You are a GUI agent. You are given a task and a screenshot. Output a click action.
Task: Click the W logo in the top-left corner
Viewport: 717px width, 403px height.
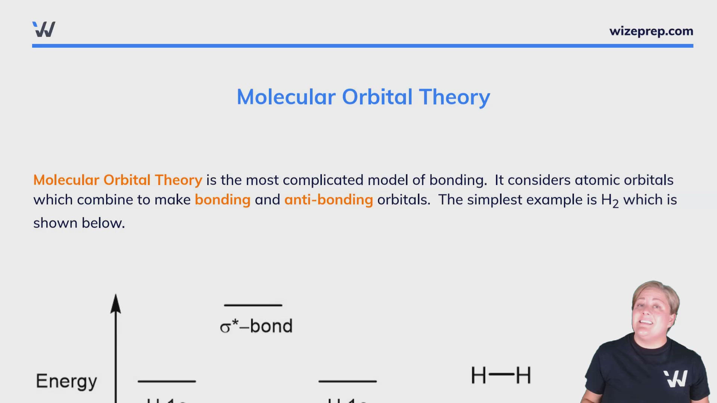click(x=44, y=29)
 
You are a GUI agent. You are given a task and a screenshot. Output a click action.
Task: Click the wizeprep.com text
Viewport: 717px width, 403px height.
click(x=651, y=31)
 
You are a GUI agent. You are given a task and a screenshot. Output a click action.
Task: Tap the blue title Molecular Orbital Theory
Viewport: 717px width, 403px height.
click(x=363, y=97)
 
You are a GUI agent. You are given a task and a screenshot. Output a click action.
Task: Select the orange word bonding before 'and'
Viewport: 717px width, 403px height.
click(x=223, y=200)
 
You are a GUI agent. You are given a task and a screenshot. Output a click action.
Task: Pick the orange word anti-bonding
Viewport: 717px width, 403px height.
click(x=329, y=200)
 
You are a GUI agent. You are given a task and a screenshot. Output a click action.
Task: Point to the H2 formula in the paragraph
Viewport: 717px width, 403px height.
click(x=610, y=201)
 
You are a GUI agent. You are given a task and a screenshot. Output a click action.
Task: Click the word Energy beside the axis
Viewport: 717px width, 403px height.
click(x=66, y=381)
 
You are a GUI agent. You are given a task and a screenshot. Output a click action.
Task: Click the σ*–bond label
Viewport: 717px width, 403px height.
click(x=256, y=326)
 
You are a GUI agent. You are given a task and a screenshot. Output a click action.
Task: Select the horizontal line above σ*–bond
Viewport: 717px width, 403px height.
click(x=253, y=305)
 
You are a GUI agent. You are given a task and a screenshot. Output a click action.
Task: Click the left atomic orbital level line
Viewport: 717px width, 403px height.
click(x=167, y=381)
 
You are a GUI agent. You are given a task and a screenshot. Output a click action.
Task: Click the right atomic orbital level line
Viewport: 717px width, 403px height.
click(x=347, y=381)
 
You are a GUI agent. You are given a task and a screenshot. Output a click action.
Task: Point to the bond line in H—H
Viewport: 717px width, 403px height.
click(x=501, y=374)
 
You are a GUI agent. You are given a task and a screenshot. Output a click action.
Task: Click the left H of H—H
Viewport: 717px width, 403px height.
click(x=478, y=375)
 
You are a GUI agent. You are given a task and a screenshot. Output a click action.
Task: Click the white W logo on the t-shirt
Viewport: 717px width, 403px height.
click(x=676, y=378)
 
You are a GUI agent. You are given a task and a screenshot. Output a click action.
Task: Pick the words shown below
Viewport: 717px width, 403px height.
click(x=79, y=223)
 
